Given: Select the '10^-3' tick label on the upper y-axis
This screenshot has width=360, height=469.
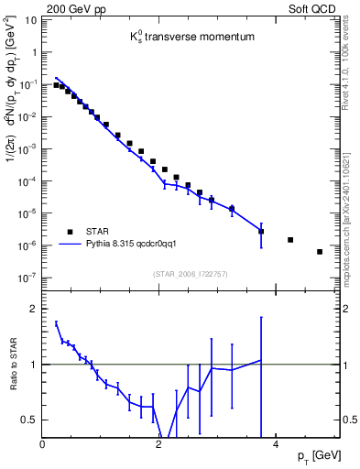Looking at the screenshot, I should (x=28, y=148).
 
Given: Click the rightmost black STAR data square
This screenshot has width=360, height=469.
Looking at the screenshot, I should (x=320, y=252).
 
